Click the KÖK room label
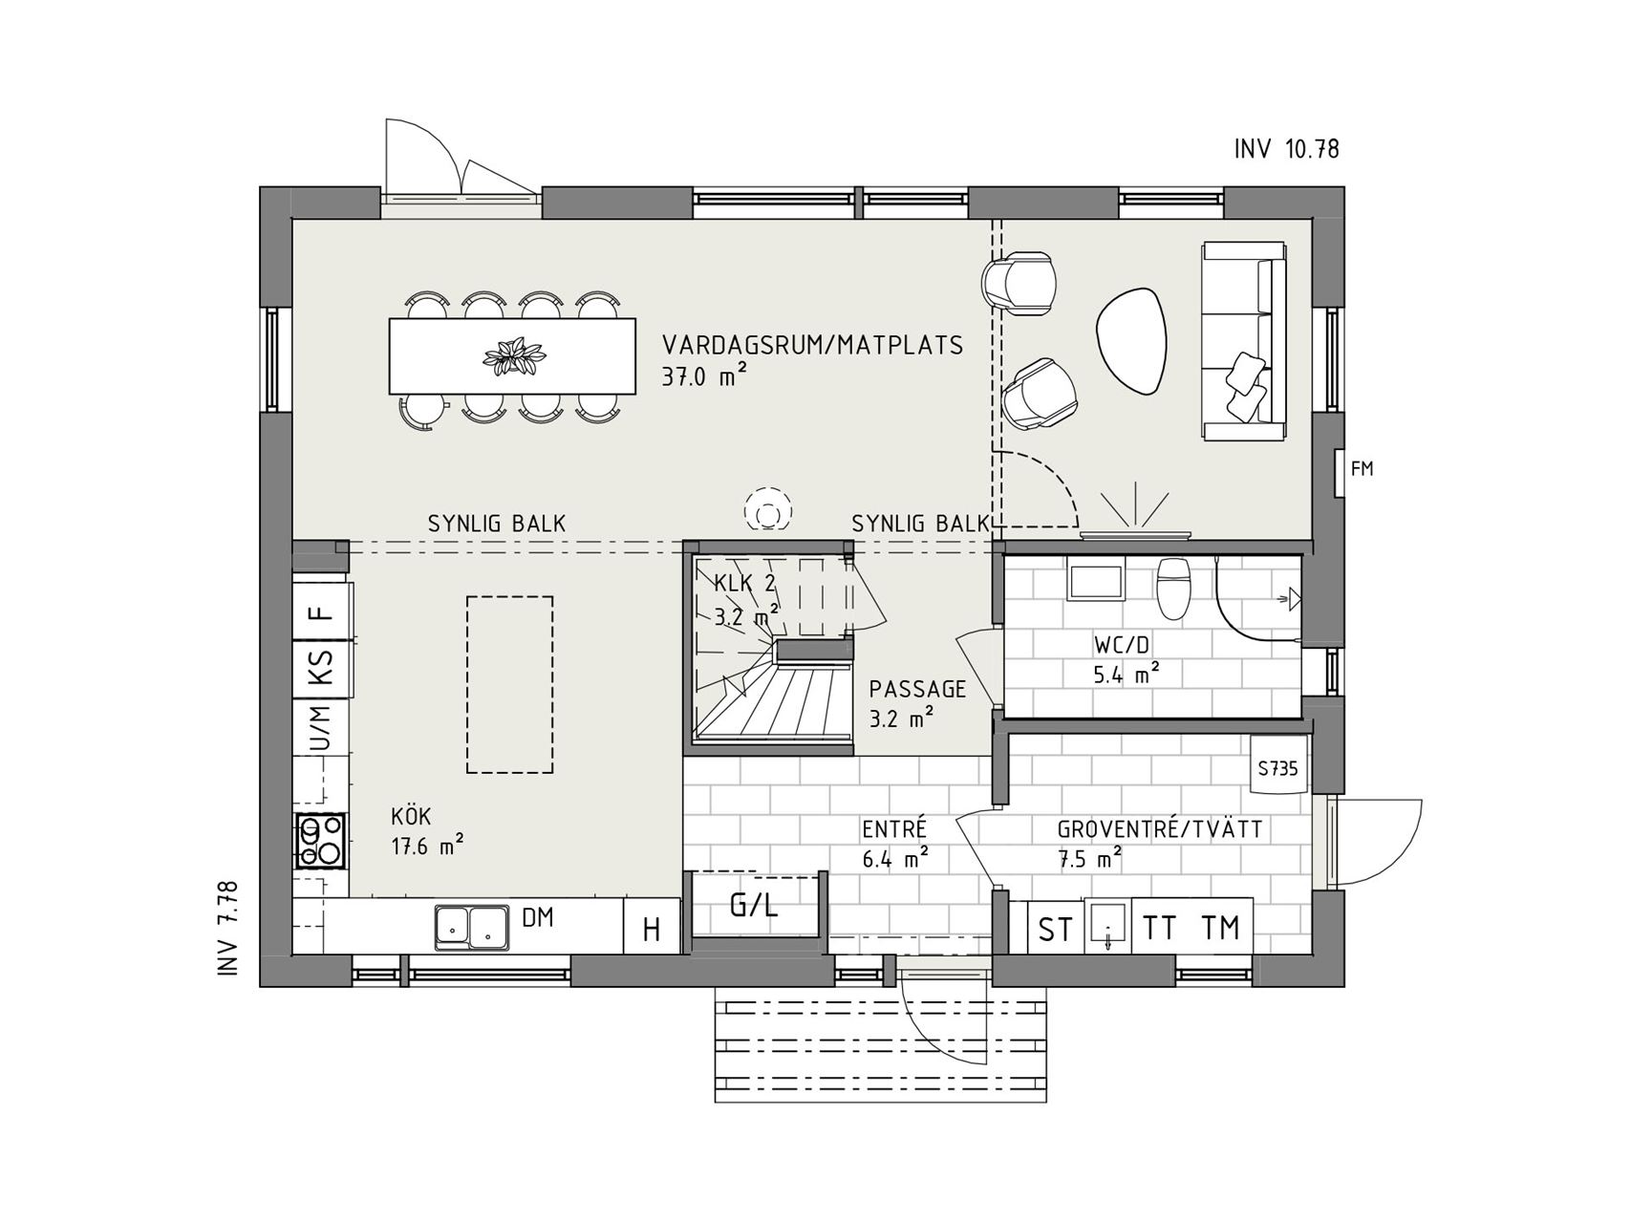point(411,818)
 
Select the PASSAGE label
point(917,689)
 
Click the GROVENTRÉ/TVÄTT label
point(1160,829)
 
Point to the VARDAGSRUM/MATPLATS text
point(813,345)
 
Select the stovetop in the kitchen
point(321,841)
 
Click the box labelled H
point(652,927)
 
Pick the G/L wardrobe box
point(755,905)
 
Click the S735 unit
point(1278,767)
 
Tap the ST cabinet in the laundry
point(1055,927)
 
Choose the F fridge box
point(321,613)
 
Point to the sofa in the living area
point(1244,341)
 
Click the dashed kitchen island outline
point(509,684)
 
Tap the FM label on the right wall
point(1362,469)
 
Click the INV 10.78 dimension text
point(1287,149)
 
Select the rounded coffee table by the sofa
point(1134,342)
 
